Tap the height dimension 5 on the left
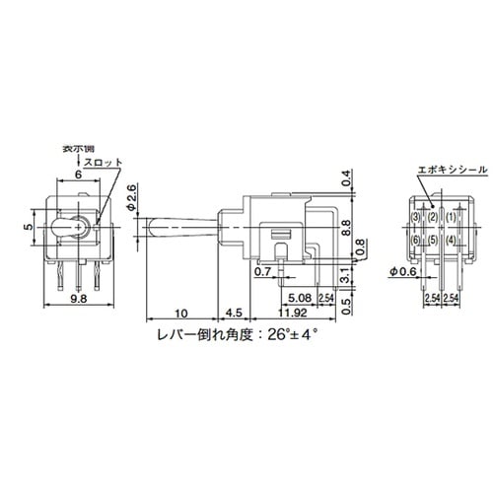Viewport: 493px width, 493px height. click(31, 226)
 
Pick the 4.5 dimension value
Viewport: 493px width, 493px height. click(233, 314)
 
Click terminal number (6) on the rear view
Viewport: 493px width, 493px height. click(417, 241)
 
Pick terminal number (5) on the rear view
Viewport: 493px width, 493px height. click(434, 241)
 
